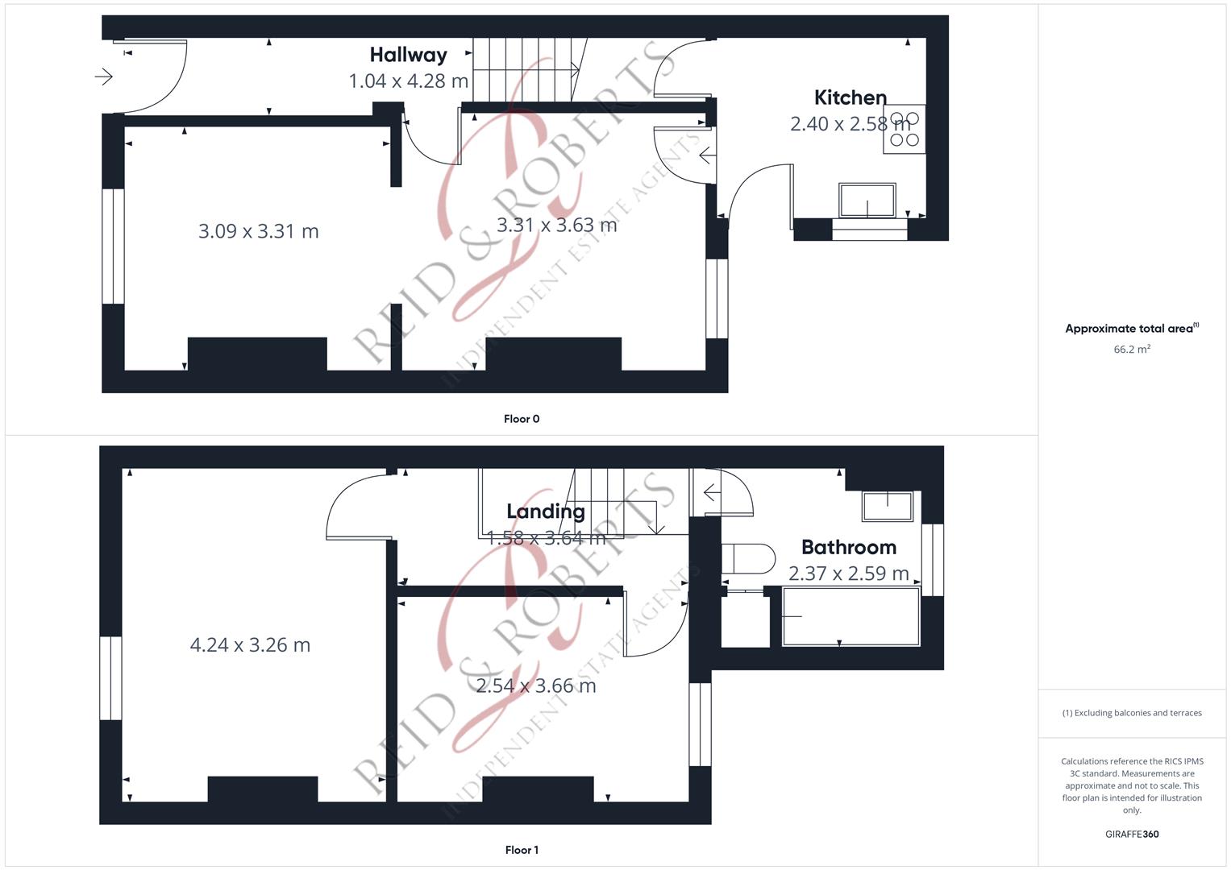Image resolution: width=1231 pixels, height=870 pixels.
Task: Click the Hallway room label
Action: (x=409, y=55)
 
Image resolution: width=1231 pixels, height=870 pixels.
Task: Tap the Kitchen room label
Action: (x=850, y=97)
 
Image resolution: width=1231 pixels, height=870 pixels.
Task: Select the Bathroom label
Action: (x=849, y=547)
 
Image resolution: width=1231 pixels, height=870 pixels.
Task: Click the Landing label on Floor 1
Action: (x=546, y=512)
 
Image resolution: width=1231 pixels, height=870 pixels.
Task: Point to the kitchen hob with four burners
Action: (x=904, y=129)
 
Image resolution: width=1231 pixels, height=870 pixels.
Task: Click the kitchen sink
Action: (x=867, y=200)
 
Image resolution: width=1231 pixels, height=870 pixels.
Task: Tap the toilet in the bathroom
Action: (x=747, y=558)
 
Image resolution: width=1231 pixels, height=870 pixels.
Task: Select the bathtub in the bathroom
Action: (x=850, y=616)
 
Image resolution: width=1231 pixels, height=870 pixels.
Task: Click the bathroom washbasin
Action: (x=888, y=506)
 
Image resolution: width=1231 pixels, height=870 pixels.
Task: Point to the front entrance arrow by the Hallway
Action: (x=103, y=77)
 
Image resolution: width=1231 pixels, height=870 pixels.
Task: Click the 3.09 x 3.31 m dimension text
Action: (x=258, y=231)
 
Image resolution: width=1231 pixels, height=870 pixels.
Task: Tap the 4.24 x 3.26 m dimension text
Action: (x=250, y=644)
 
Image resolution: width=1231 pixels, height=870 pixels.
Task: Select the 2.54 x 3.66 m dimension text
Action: (x=536, y=686)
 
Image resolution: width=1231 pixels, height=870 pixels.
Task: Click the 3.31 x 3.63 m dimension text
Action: (x=557, y=225)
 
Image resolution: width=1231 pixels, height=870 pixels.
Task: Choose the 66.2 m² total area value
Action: (x=1132, y=350)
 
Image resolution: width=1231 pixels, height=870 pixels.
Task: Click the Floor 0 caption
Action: (x=522, y=419)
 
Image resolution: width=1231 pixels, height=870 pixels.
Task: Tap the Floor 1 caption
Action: (x=522, y=850)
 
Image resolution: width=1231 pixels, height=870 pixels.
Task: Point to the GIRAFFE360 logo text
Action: (x=1132, y=835)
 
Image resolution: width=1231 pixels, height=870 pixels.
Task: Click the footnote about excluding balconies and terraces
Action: (x=1132, y=713)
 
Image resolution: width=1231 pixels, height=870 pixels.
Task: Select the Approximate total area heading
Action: (x=1132, y=329)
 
